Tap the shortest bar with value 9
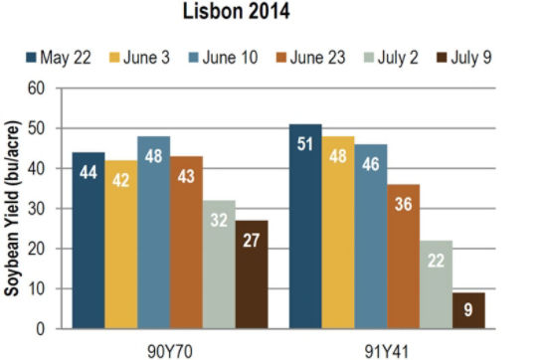pyautogui.click(x=466, y=310)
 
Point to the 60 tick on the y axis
pyautogui.click(x=39, y=89)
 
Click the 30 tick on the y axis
pyautogui.click(x=39, y=209)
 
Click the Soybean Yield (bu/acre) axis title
pyautogui.click(x=14, y=208)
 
